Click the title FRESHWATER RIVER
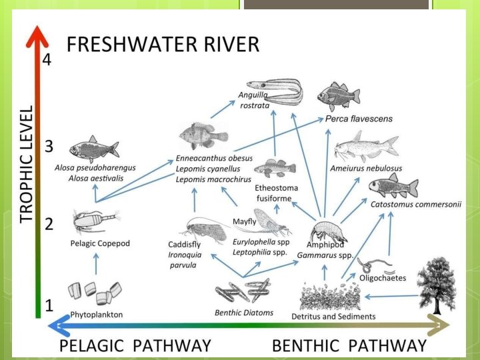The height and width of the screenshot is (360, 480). click(163, 45)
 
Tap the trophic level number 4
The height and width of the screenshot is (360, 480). click(47, 59)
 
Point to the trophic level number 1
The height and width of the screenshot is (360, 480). click(48, 306)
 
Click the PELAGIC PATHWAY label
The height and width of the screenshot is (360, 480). click(135, 345)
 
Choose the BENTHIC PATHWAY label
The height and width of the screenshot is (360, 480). click(349, 345)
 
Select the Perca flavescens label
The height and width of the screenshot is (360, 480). click(359, 119)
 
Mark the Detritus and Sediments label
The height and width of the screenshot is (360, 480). click(333, 316)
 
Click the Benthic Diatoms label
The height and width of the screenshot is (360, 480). click(243, 312)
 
